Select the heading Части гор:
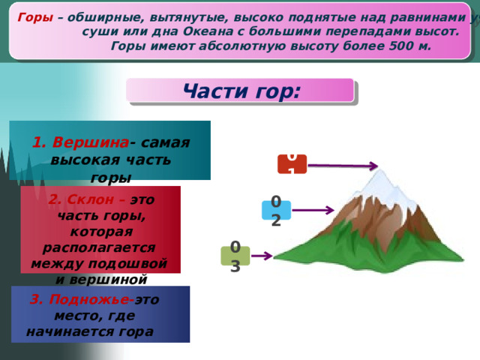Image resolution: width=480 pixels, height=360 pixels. (241, 91)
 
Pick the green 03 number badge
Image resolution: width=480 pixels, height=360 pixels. (235, 255)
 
